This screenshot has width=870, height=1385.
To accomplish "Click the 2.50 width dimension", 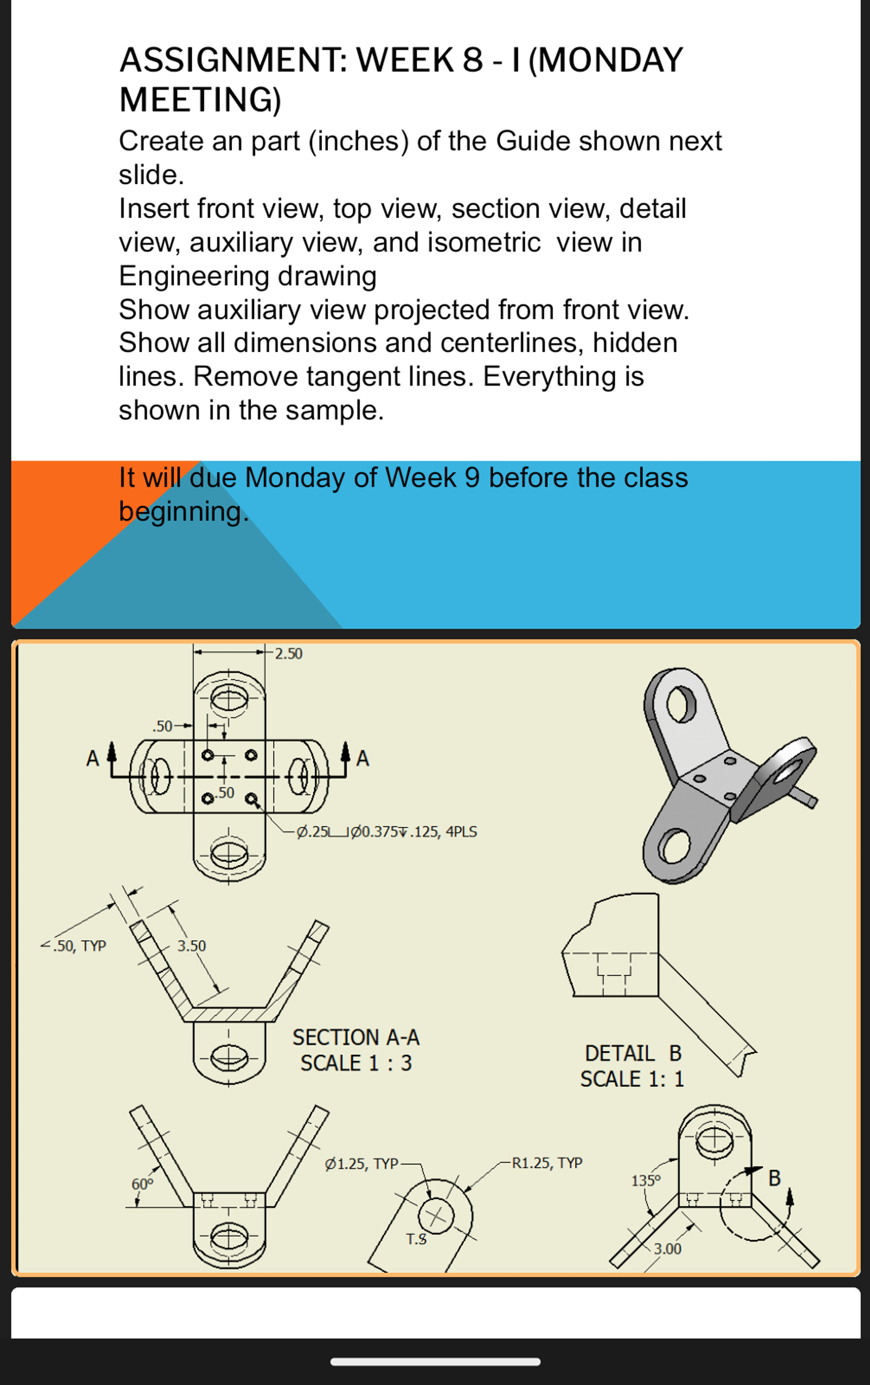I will coord(288,653).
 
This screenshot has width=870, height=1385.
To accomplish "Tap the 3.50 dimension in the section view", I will coord(191,945).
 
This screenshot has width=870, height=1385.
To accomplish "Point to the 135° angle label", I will coord(646,1181).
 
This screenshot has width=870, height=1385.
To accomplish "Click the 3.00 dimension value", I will coord(667,1249).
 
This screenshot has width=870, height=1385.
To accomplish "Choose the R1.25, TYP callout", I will coord(547,1163).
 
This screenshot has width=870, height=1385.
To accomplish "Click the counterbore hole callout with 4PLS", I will coord(386,832).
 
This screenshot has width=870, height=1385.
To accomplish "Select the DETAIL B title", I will coord(632,1053).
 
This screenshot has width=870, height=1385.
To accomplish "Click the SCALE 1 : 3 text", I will coord(356,1063).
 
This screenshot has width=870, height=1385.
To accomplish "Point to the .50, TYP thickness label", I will coord(79,946).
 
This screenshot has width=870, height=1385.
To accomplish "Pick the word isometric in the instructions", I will coord(457,242).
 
